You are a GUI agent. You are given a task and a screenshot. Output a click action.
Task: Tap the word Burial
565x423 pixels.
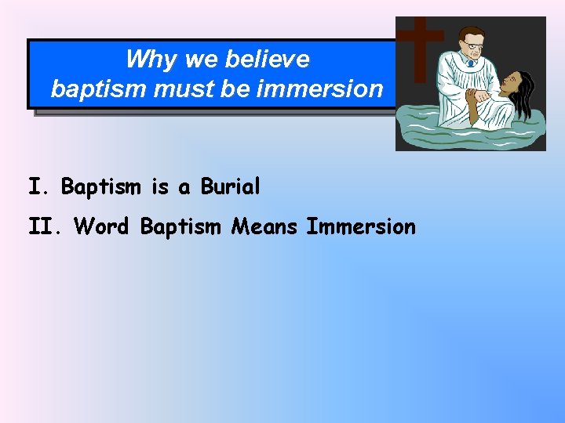click(231, 187)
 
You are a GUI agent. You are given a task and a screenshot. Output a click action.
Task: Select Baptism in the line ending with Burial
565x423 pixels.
click(101, 187)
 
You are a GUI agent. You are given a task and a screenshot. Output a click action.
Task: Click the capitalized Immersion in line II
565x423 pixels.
click(361, 227)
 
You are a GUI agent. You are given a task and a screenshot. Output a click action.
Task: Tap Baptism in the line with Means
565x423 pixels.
click(181, 227)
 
